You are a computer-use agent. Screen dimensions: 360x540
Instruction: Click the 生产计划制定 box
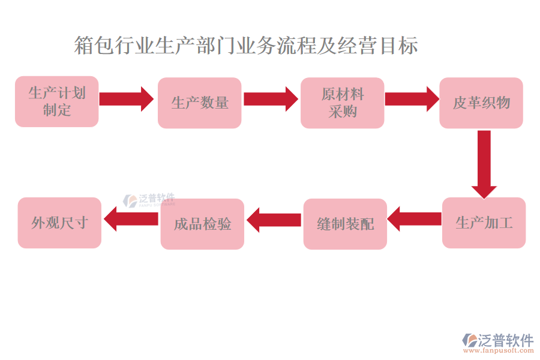click(56, 101)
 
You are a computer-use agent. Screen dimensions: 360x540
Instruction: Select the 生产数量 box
click(199, 103)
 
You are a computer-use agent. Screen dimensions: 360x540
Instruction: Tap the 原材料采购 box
click(342, 103)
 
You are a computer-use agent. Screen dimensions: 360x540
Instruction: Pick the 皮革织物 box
click(481, 103)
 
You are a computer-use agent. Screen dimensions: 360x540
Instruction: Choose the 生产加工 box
click(484, 223)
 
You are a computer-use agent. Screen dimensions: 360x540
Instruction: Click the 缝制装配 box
click(345, 224)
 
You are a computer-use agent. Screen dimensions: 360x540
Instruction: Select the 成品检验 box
click(202, 224)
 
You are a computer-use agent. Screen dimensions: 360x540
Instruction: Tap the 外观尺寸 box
click(59, 223)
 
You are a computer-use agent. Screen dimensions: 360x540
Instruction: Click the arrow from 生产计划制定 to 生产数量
click(126, 98)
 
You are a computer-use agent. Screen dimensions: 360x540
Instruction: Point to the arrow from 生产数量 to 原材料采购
click(271, 98)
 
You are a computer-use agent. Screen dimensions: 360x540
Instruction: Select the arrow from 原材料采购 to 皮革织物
click(412, 98)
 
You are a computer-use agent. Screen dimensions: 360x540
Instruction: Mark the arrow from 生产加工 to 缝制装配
click(415, 218)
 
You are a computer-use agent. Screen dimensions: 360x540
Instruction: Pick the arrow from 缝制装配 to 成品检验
click(274, 220)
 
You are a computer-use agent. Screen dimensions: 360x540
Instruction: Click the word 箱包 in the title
click(94, 46)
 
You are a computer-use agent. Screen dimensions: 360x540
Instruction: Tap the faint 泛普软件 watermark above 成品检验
click(149, 200)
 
